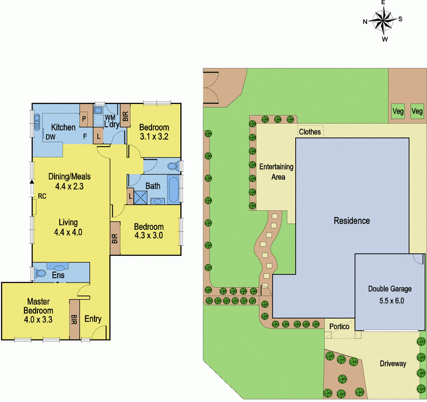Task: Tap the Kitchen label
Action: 63,127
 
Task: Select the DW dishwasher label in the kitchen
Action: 51,138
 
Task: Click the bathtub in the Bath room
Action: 173,189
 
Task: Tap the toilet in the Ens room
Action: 39,273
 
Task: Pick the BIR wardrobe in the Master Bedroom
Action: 74,318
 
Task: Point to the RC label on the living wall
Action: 41,197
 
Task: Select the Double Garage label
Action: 390,289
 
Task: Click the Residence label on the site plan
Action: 351,220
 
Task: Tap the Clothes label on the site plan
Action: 310,132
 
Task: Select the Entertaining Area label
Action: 276,171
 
